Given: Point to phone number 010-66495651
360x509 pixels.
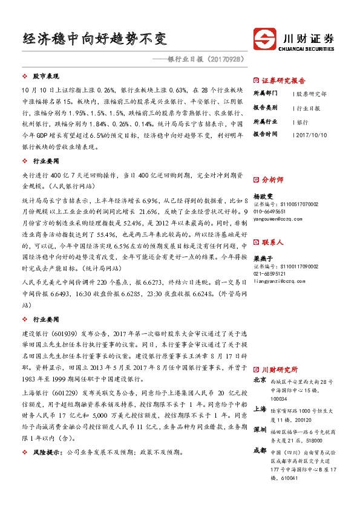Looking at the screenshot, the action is pyautogui.click(x=270, y=212).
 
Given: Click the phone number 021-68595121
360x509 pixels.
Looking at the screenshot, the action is pyautogui.click(x=270, y=274).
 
